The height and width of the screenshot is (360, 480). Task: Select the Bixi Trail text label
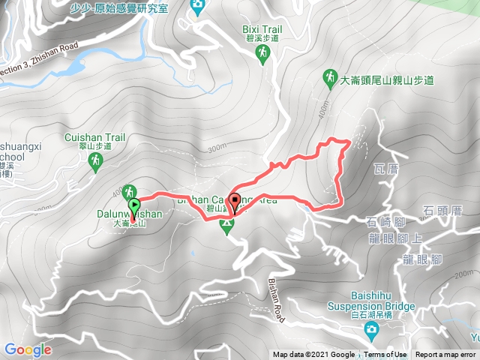point(261,29)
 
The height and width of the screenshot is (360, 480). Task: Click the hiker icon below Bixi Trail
point(262,52)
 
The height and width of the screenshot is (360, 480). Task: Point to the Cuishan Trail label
point(94,137)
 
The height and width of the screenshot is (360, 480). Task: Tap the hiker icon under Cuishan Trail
point(95,160)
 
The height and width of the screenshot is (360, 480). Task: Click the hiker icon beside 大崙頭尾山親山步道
point(329,76)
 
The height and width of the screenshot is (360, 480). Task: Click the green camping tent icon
point(226,224)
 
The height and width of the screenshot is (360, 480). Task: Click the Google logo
point(28,349)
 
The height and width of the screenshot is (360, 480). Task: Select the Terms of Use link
point(385,355)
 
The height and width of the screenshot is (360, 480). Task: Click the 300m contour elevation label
point(218,148)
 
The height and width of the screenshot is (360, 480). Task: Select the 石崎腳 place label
point(385,221)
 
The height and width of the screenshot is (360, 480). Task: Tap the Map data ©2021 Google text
point(313,355)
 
